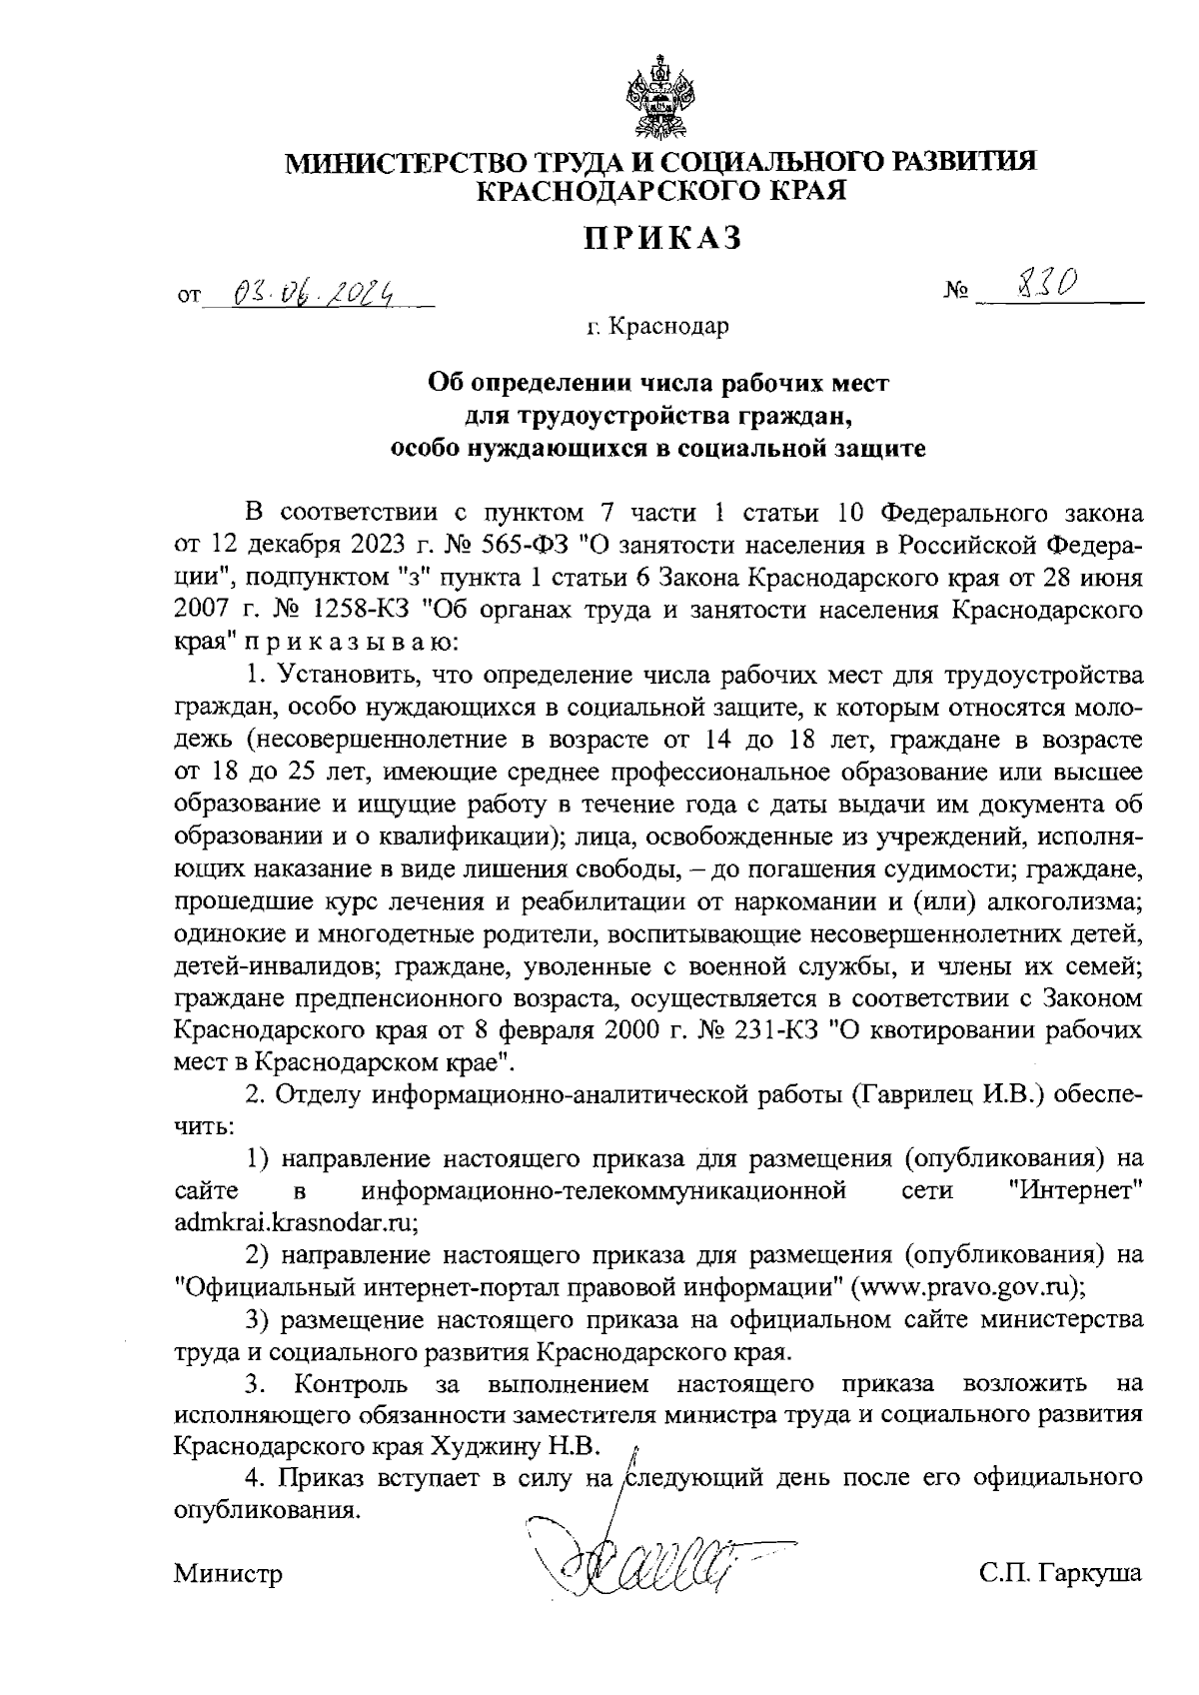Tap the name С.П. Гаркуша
pyautogui.click(x=1060, y=1574)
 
